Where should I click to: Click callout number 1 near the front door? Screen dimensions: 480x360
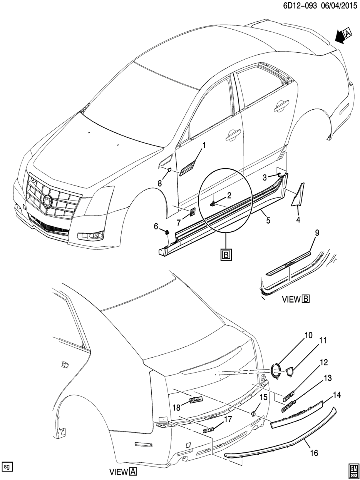204,146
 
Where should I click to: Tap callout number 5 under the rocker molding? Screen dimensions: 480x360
268,220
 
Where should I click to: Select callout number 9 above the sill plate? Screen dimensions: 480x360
317,233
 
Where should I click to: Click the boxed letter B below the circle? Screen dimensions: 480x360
226,255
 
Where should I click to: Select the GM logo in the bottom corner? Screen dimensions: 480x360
352,472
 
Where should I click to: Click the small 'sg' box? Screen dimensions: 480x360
7,467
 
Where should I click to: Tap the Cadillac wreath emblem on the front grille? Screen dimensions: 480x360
48,201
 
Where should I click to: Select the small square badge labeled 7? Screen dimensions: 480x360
192,211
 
